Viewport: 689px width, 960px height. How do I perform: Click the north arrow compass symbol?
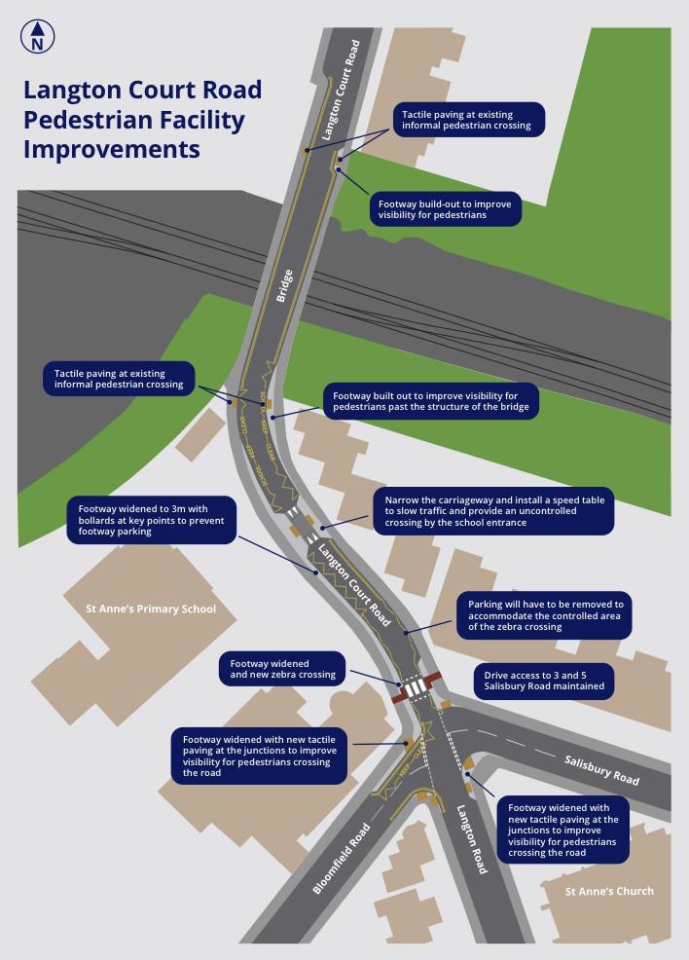point(37,37)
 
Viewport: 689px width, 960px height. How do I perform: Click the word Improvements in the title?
point(112,150)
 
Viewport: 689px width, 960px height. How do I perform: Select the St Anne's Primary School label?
point(151,609)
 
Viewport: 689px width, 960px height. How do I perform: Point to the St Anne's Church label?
point(609,891)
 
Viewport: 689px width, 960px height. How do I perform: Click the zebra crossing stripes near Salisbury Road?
point(416,688)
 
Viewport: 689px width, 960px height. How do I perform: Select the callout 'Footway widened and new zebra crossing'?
point(281,667)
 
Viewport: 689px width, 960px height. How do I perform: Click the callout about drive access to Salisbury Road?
point(544,680)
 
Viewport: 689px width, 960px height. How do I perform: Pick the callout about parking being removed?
point(545,615)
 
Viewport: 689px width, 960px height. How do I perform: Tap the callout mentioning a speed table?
point(493,512)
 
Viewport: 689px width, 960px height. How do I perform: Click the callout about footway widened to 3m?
point(151,520)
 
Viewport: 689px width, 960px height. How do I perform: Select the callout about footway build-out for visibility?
point(445,209)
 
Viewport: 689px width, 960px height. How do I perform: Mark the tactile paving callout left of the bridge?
point(120,378)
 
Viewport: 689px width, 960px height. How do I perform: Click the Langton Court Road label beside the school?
point(355,583)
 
